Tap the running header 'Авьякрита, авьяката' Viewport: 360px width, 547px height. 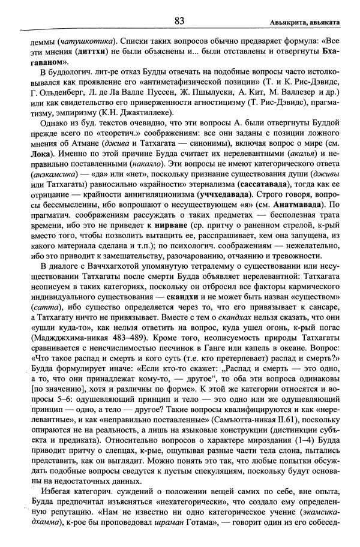click(305, 22)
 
